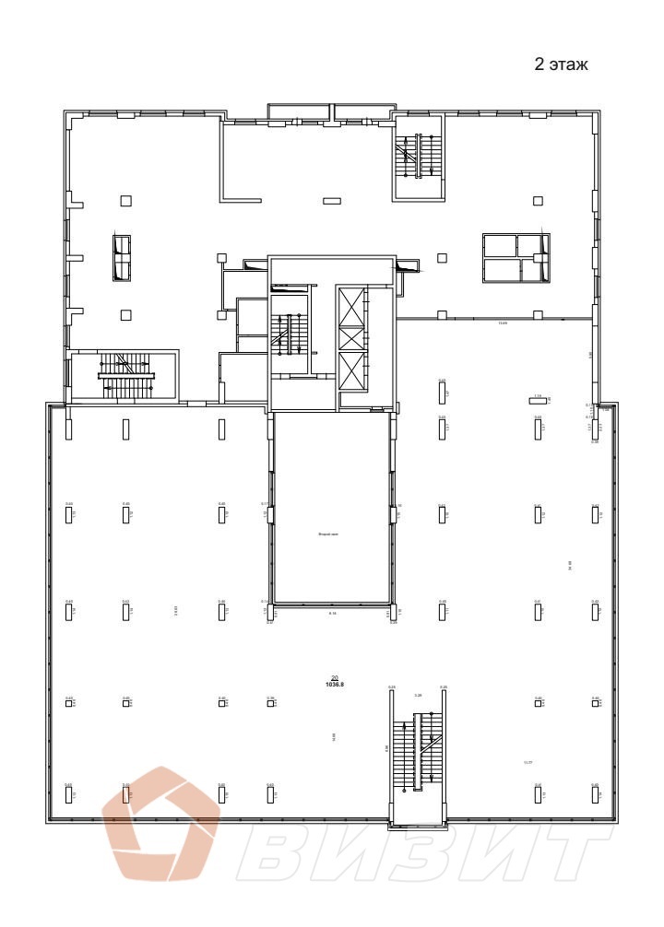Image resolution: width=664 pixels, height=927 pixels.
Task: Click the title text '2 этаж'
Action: (x=561, y=65)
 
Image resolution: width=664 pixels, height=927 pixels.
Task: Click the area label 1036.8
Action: (x=334, y=685)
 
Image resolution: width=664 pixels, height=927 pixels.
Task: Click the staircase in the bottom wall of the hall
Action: (x=417, y=755)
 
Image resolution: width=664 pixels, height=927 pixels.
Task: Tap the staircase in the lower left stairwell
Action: (x=125, y=375)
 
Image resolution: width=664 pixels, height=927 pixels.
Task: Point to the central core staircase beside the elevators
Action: (x=289, y=334)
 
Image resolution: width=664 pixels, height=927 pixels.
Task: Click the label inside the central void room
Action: (x=329, y=534)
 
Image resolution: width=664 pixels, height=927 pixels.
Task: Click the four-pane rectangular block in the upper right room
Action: (x=516, y=258)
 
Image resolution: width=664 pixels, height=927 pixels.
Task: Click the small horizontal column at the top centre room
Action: (x=331, y=200)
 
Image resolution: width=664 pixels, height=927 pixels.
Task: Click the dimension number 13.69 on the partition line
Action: (x=503, y=323)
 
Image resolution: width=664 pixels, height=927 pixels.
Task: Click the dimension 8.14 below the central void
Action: (x=332, y=613)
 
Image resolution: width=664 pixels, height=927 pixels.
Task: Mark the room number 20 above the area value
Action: (x=334, y=676)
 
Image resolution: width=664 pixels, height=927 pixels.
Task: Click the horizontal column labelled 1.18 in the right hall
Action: (x=537, y=400)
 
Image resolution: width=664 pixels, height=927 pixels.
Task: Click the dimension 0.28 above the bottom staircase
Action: (x=418, y=695)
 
